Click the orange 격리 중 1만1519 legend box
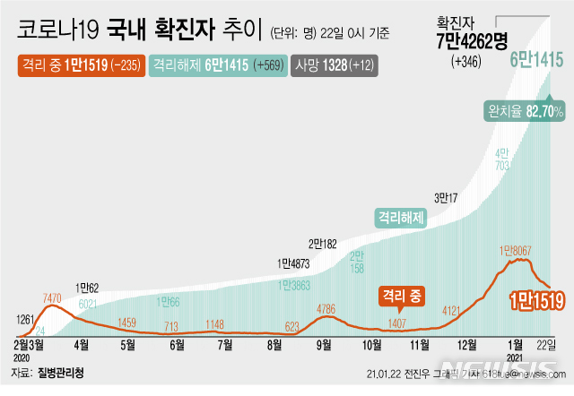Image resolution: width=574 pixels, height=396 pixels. coord(80,65)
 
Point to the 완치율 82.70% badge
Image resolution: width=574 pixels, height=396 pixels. coord(524,111)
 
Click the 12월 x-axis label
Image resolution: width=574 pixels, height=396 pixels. coord(465,344)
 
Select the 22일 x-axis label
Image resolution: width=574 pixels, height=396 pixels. coord(547,344)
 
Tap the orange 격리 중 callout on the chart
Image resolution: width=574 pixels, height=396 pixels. coord(403,294)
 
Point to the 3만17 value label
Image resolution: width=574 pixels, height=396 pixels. coord(447,197)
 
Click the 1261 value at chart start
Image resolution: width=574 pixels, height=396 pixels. coord(27,320)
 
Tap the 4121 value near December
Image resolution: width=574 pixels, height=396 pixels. coord(459,311)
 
